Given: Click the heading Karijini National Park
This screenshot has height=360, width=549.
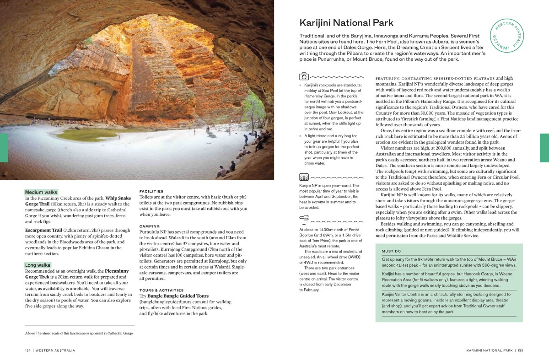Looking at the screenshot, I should (x=346, y=23).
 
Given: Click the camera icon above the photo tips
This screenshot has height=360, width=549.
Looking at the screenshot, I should (x=304, y=76).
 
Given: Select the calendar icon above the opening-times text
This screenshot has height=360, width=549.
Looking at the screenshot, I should (x=304, y=177).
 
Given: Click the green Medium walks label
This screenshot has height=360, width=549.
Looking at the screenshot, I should (x=41, y=192).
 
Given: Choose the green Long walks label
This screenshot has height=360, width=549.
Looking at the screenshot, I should (x=38, y=265).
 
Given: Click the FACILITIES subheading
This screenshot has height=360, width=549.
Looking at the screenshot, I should (x=151, y=191).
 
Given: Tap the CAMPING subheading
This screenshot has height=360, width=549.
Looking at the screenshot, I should (x=150, y=226).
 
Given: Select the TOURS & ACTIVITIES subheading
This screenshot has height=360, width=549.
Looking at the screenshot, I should (x=161, y=290).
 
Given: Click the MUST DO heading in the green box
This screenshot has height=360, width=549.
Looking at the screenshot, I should (x=391, y=251).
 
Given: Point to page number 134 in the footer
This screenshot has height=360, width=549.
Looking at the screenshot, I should (x=28, y=350).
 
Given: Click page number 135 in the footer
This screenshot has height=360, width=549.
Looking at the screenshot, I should (x=520, y=350).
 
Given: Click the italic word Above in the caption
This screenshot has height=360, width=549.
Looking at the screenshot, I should (x=30, y=333).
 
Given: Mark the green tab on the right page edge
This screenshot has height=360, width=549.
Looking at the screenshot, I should (x=544, y=148).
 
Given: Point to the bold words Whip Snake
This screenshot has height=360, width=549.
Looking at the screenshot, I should (x=118, y=198).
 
